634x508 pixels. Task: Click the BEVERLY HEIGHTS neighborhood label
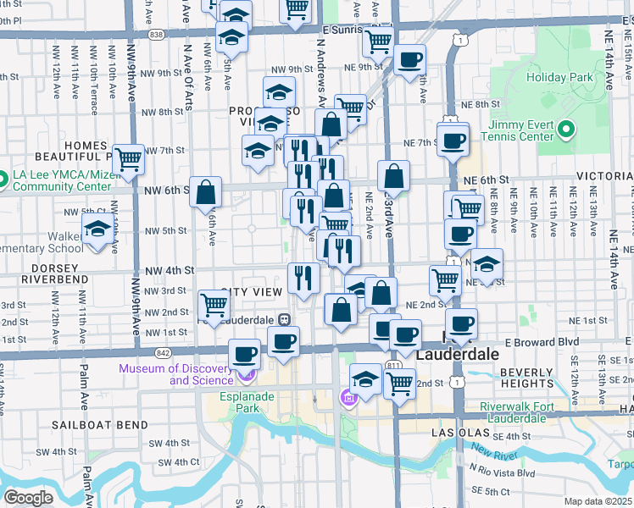526,378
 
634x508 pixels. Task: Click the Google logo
29,497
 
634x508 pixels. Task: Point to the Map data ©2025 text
598,501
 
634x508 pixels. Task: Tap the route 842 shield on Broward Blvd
160,351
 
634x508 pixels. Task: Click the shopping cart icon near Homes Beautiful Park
128,158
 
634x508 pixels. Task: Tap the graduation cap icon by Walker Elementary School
98,229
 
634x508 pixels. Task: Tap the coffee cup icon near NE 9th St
410,59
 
